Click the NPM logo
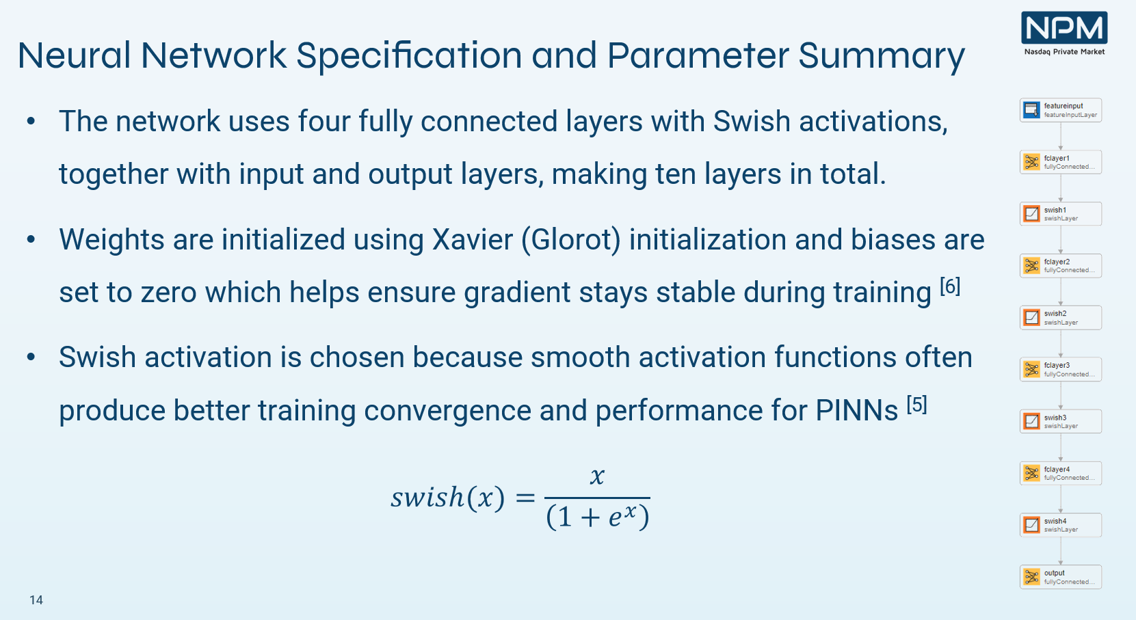pyautogui.click(x=1064, y=33)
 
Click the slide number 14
pyautogui.click(x=36, y=600)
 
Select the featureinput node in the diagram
pyautogui.click(x=1061, y=110)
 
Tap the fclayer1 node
pyautogui.click(x=1061, y=162)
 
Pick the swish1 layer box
pyautogui.click(x=1061, y=214)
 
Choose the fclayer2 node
pyautogui.click(x=1061, y=266)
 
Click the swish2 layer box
pyautogui.click(x=1061, y=318)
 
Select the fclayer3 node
pyautogui.click(x=1061, y=370)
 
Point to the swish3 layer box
pyautogui.click(x=1061, y=421)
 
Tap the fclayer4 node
pyautogui.click(x=1061, y=474)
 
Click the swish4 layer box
pyautogui.click(x=1061, y=525)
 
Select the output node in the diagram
pyautogui.click(x=1061, y=577)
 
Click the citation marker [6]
pyautogui.click(x=950, y=286)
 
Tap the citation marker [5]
pyautogui.click(x=917, y=405)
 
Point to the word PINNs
pyautogui.click(x=856, y=410)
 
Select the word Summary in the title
pyautogui.click(x=882, y=57)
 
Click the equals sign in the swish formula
pyautogui.click(x=525, y=498)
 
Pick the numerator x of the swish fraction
pyautogui.click(x=598, y=476)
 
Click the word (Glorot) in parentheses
pyautogui.click(x=571, y=240)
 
